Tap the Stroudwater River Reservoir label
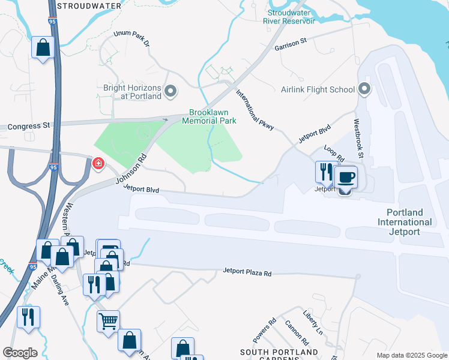pos(289,16)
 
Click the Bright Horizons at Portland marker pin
pos(171,91)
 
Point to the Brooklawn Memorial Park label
pos(212,116)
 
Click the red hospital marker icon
pos(98,163)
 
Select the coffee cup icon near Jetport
pos(346,178)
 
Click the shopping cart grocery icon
pos(108,321)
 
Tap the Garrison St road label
pos(291,44)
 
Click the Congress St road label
pos(28,127)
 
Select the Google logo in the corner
pos(20,352)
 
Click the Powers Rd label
pos(265,327)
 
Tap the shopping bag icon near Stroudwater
pos(43,48)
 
